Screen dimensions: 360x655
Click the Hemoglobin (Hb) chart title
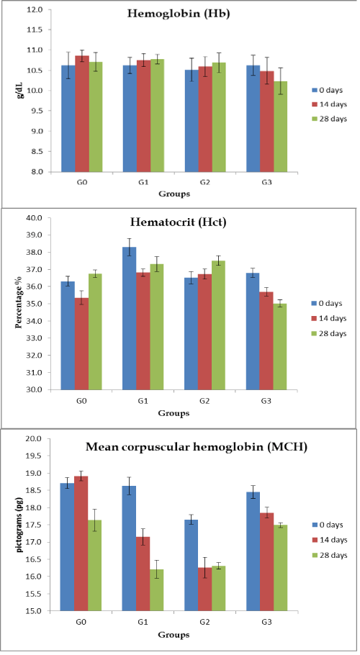click(x=179, y=14)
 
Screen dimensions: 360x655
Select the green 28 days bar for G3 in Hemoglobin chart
click(x=280, y=126)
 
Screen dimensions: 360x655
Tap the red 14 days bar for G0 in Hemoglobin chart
click(x=82, y=114)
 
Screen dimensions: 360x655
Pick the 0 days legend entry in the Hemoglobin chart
click(x=330, y=90)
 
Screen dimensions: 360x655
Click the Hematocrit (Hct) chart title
click(x=179, y=222)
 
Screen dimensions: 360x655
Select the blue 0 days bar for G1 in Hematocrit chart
click(x=129, y=318)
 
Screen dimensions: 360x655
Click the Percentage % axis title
click(x=19, y=304)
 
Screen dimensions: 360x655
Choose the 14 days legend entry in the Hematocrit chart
click(x=330, y=318)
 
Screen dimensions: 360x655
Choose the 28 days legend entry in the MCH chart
click(x=330, y=555)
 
